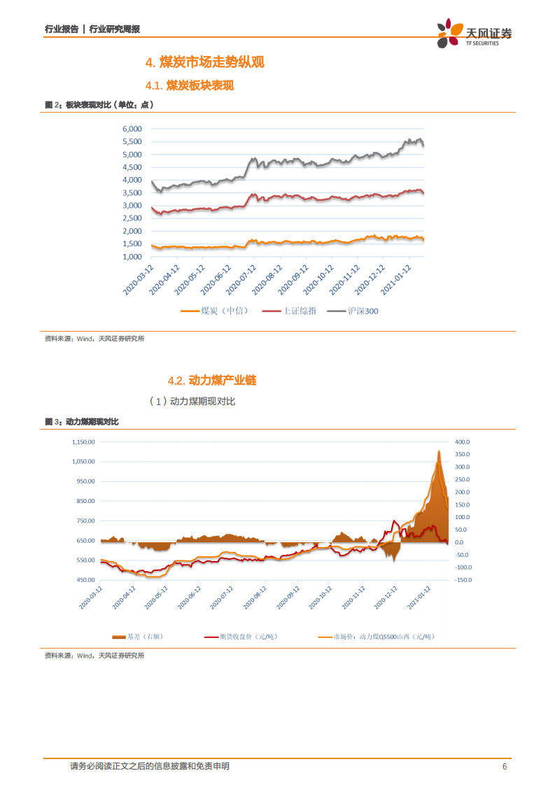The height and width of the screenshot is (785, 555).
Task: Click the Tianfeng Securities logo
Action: click(474, 34)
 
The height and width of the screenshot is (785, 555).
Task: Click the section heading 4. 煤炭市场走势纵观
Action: click(204, 63)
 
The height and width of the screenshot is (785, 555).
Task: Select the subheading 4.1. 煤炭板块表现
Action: click(189, 86)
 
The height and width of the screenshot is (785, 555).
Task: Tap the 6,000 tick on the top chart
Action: click(132, 129)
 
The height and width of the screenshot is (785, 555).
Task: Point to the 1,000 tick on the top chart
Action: click(132, 257)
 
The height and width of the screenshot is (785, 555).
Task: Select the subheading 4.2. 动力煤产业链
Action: click(212, 381)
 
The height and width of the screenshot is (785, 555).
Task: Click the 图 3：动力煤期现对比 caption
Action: click(82, 422)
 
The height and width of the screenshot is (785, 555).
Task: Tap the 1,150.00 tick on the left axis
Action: click(83, 441)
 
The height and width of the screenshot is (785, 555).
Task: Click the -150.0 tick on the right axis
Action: click(465, 580)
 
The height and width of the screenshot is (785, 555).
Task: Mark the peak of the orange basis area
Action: click(438, 452)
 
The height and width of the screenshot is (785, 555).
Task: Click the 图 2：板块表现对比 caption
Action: click(99, 105)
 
